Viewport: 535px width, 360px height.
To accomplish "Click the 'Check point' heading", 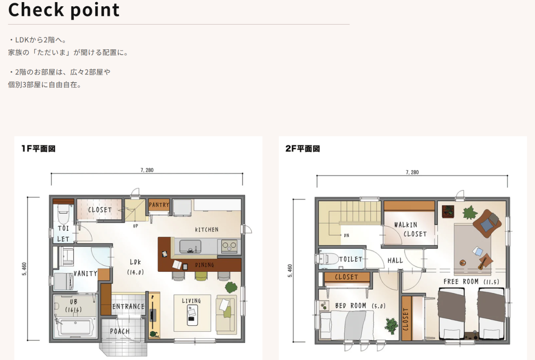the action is tap(64, 10).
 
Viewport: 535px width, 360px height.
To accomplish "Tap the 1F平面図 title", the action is tap(38, 148).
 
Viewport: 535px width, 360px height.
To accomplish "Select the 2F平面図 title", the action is tap(303, 148).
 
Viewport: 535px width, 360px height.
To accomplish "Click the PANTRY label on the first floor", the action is tap(159, 205).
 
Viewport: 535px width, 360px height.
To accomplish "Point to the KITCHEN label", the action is tap(206, 230).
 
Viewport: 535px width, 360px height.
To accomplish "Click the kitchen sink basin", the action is tap(190, 246).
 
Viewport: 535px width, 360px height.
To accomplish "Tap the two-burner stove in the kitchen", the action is tap(229, 246).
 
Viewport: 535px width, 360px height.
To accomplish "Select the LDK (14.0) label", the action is tap(135, 267).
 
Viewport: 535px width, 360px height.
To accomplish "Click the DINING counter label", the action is tap(204, 265).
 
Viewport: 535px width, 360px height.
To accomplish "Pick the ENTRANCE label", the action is tap(128, 306).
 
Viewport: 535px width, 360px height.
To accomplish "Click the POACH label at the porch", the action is tap(120, 331).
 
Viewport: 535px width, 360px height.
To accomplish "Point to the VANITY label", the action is tap(85, 273).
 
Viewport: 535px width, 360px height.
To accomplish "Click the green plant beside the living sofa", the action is tap(231, 287).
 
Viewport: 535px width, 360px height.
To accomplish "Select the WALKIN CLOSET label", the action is tap(410, 229).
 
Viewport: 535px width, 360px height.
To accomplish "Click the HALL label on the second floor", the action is tap(395, 260).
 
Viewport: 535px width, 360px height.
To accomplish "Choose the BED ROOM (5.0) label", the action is tap(360, 306).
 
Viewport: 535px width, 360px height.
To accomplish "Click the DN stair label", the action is tap(346, 235).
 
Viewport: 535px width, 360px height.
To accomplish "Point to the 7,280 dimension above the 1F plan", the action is tap(147, 170).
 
